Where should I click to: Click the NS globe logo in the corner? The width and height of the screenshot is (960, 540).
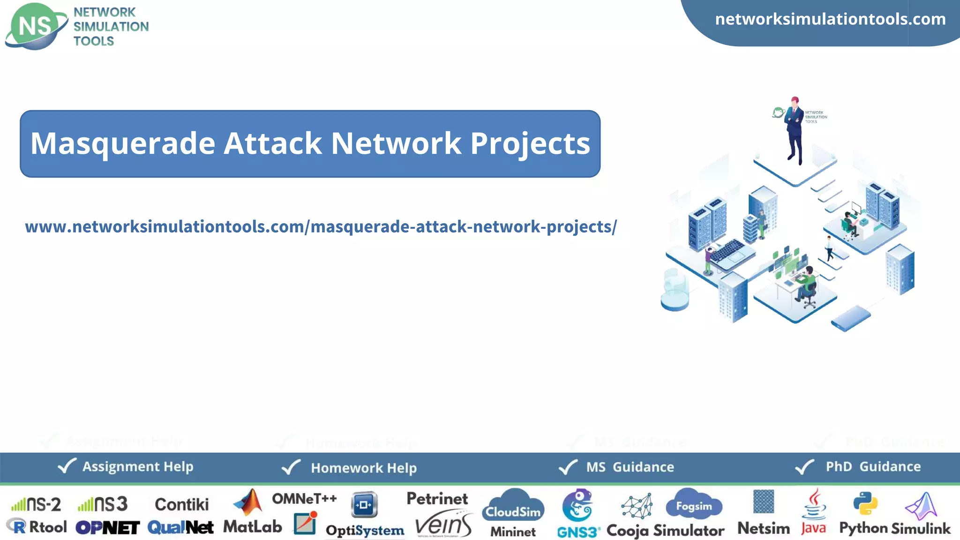(36, 26)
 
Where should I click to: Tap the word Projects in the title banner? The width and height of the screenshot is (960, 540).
(530, 143)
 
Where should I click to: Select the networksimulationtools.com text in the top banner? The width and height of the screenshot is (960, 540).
(830, 19)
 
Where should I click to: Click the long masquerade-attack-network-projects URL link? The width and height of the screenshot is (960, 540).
(321, 227)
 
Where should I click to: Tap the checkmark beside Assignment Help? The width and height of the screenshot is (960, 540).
(67, 466)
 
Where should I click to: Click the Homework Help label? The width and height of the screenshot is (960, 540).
(364, 468)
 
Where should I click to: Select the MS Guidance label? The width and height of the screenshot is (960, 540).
(630, 467)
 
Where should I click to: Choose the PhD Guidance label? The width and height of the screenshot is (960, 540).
(873, 466)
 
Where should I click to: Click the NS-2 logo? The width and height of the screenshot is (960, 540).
(37, 504)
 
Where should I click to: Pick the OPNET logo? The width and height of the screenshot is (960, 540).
(107, 528)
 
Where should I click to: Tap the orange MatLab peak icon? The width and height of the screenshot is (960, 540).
(249, 502)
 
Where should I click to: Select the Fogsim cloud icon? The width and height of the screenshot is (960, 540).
(694, 504)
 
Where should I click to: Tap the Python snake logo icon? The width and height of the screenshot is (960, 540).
(865, 503)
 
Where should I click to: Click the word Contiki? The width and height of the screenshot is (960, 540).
(182, 504)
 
